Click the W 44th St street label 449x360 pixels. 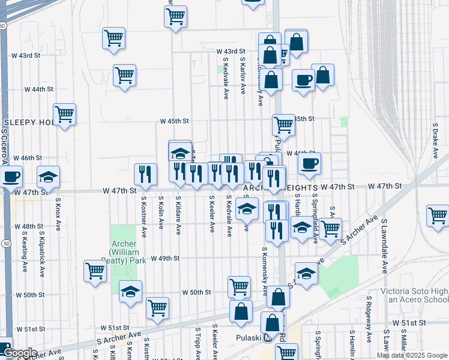pos(39,89)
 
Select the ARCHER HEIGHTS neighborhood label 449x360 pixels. pos(289,188)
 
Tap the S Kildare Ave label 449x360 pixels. pos(178,214)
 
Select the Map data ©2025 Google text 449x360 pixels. pos(412,355)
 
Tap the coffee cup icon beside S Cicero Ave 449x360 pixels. pos(11,177)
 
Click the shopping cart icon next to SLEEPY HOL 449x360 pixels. pos(64,113)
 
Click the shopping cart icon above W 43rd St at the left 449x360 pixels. pos(113,37)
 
